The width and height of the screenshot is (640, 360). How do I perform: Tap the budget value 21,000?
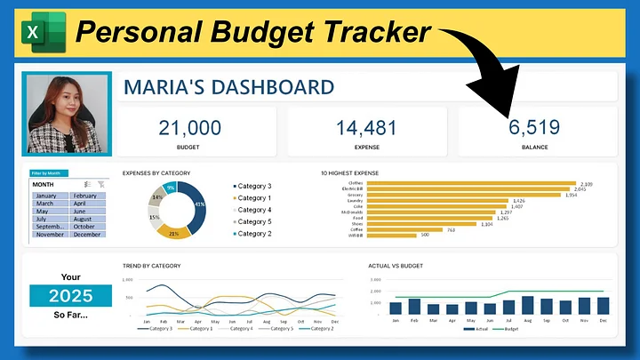click(189, 128)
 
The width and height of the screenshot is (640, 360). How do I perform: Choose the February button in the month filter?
click(85, 196)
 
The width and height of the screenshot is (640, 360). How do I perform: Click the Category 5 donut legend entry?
click(254, 221)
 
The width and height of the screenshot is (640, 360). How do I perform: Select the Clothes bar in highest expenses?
click(471, 184)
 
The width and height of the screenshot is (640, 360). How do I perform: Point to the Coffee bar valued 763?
click(404, 228)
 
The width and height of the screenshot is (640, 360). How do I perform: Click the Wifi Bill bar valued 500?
click(391, 235)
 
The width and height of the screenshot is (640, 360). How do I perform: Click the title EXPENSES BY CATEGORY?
click(156, 172)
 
